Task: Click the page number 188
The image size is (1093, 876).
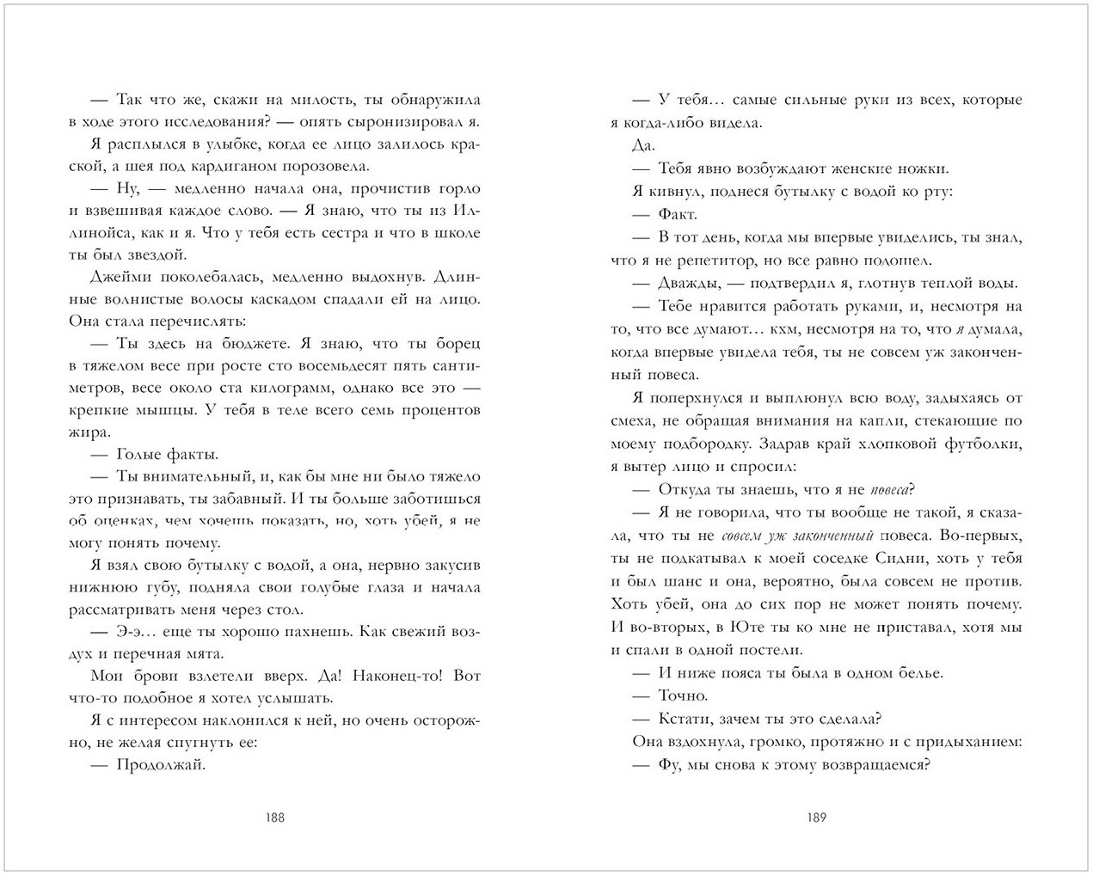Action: coord(274,818)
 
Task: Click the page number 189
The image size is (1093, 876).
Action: coord(817,818)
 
